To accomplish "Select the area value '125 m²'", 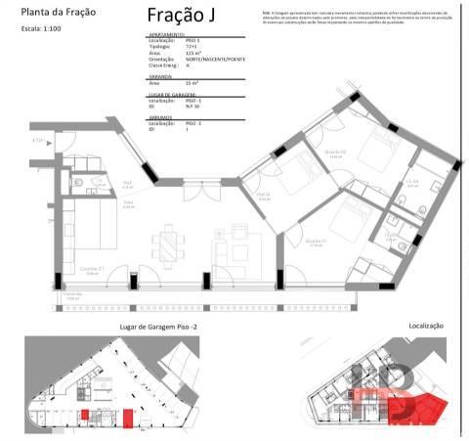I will pos(193,54).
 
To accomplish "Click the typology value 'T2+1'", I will pos(192,48).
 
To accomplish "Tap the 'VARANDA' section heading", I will pos(160,75).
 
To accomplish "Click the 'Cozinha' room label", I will pos(89,269).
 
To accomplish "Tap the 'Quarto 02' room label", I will pos(334,153).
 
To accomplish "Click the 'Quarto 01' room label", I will pos(315,242).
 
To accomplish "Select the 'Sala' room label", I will pos(128,203).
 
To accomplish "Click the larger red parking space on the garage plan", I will pos(129,418).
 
